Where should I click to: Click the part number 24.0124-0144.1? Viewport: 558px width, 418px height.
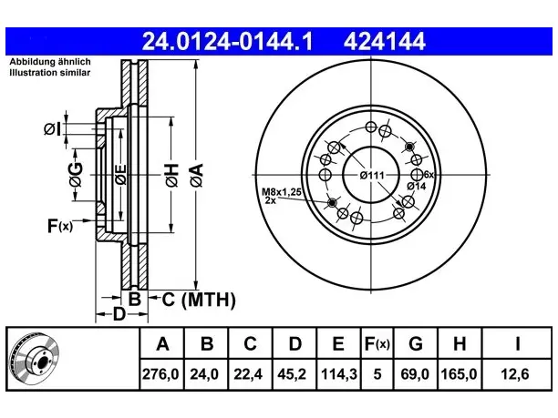point(227,42)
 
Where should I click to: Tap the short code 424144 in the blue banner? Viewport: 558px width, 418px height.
point(385,42)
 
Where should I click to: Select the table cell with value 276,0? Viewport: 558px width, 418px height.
point(161,374)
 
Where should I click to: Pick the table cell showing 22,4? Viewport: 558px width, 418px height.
point(248,374)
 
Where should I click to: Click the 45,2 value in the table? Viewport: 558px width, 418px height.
point(292,374)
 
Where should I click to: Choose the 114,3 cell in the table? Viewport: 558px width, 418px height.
point(338,374)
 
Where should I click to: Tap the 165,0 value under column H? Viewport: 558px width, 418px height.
point(459,374)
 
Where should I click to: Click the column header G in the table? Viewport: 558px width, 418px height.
point(416,343)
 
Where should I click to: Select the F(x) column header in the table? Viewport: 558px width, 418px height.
point(377,343)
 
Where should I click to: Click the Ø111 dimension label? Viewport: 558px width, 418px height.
point(372,176)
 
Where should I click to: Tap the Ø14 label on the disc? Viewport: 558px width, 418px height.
point(417,187)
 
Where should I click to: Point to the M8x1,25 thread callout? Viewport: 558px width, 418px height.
point(282,192)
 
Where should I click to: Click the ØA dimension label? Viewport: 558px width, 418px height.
point(198,175)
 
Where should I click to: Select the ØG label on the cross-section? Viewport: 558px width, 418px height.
point(77,175)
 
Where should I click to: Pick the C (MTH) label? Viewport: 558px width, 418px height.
point(199,300)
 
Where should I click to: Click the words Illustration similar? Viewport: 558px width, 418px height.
point(50,73)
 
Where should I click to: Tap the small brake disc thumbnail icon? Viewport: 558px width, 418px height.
point(35,358)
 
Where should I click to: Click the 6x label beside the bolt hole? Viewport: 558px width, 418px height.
point(429,175)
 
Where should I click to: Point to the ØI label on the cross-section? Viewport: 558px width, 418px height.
point(52,129)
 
